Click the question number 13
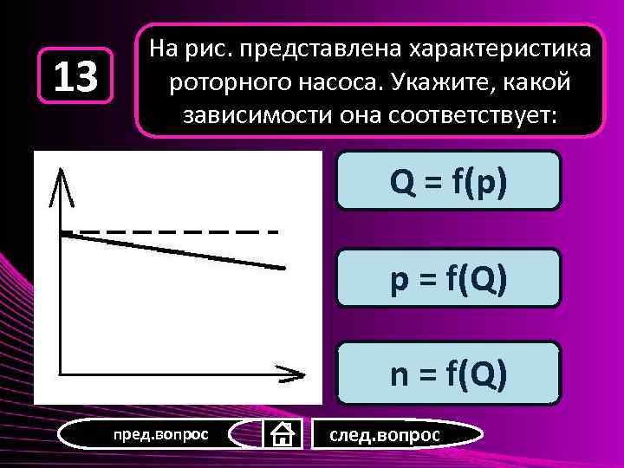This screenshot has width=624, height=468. click(x=76, y=76)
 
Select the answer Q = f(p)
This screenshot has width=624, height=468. click(x=448, y=180)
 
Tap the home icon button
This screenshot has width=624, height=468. click(x=282, y=433)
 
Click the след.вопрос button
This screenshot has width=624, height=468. click(x=384, y=433)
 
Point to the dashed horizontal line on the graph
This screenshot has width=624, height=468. click(x=173, y=232)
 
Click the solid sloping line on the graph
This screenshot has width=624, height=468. click(x=173, y=250)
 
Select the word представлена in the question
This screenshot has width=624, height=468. click(x=311, y=51)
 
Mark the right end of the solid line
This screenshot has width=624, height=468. click(x=282, y=268)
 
